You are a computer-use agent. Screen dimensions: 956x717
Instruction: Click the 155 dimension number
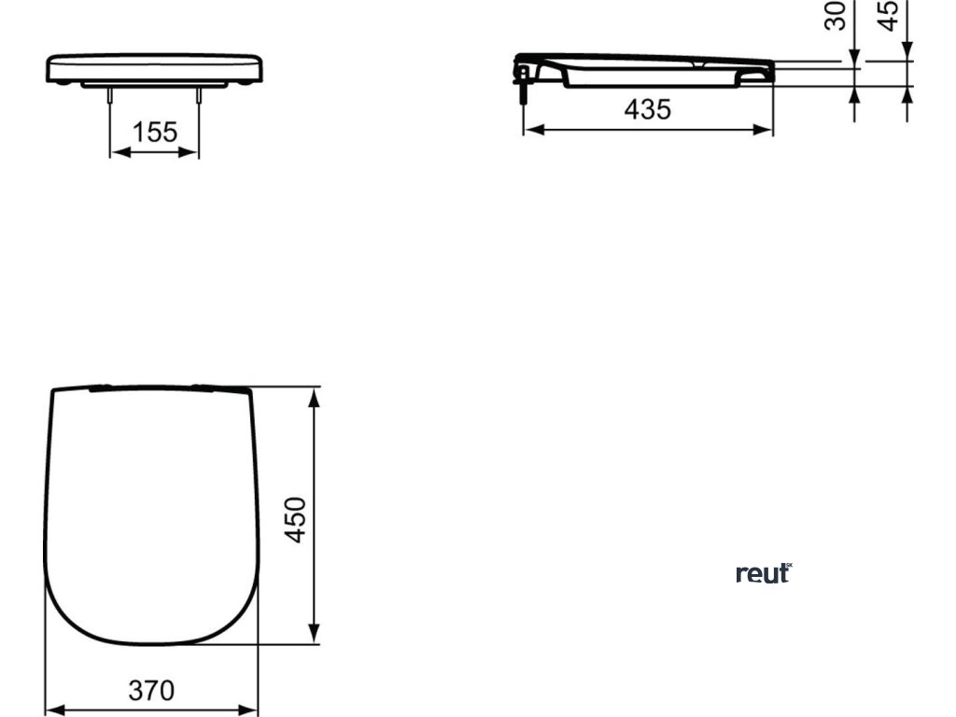coord(154,133)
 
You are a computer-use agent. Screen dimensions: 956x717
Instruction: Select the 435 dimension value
coord(648,109)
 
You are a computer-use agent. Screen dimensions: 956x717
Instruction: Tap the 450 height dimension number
coord(295,520)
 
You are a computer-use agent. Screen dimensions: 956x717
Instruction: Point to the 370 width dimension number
coord(151,691)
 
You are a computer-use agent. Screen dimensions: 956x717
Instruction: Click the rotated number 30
coord(836,15)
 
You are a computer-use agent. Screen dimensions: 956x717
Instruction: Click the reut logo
coord(764,573)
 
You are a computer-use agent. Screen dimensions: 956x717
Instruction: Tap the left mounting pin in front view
coord(111,95)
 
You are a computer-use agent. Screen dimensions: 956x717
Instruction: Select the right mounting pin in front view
coord(198,95)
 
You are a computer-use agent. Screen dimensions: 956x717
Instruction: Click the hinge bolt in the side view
coord(524,89)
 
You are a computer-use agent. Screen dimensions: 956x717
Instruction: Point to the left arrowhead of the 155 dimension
coord(116,151)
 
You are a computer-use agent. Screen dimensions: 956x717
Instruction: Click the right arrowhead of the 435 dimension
coord(766,129)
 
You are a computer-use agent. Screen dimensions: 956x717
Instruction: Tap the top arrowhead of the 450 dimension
coord(316,395)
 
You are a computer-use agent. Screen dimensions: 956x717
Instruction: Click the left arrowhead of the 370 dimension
coord(53,709)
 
